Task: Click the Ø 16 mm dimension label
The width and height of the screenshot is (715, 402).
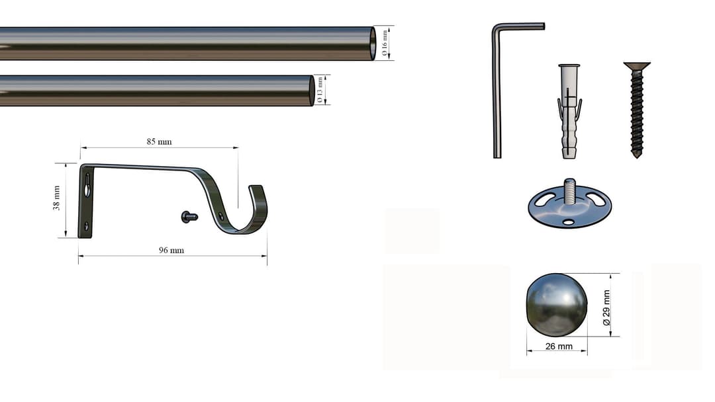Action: tap(385, 43)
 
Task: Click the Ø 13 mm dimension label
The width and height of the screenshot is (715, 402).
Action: tap(320, 90)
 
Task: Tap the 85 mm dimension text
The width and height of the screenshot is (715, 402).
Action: tap(159, 141)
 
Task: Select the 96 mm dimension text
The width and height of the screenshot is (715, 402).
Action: tap(171, 250)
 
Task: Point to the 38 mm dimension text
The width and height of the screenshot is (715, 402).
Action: tap(56, 198)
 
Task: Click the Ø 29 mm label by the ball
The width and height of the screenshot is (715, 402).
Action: tap(606, 307)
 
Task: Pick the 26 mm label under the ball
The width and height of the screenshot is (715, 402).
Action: tap(559, 346)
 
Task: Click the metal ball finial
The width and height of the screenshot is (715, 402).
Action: tap(557, 305)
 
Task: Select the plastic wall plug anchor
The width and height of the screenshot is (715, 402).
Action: tap(569, 112)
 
